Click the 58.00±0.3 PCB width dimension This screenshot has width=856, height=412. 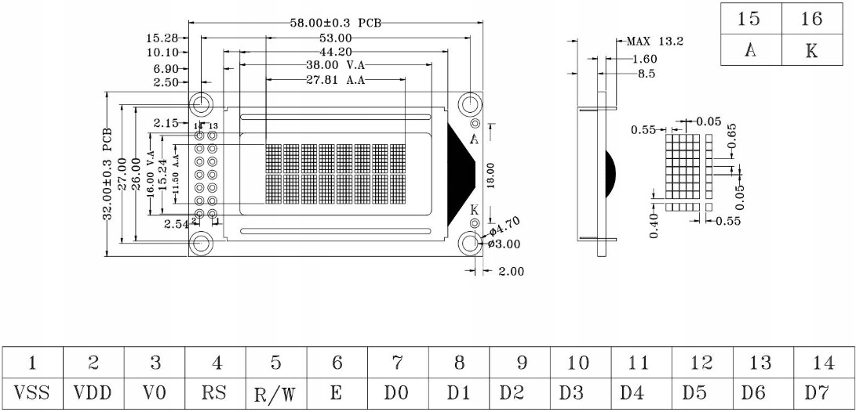[335, 23]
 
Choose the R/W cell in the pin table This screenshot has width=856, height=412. [275, 391]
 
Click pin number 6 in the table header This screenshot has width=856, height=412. [337, 362]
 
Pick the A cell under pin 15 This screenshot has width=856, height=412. [751, 51]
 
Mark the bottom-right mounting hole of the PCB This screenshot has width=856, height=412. [470, 243]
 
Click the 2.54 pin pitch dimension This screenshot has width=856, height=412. [178, 224]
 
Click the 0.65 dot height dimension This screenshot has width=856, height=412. [731, 136]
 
